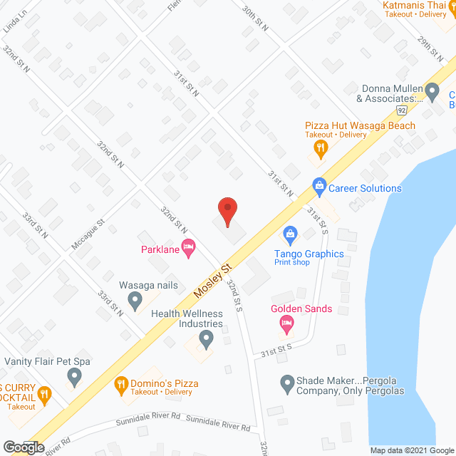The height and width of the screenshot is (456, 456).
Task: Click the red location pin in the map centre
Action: click(227, 211)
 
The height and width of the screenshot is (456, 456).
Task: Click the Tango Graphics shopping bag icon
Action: click(290, 233)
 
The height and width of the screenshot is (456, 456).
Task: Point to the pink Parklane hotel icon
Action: click(188, 249)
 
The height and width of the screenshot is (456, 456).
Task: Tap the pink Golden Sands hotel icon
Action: click(286, 324)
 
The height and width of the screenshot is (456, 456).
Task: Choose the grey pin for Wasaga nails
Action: click(135, 301)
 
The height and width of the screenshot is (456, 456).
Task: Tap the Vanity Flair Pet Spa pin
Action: click(73, 375)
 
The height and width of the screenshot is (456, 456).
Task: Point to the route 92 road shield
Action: click(402, 110)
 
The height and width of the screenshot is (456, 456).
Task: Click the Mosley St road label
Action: click(212, 280)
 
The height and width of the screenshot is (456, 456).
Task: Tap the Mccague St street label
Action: click(88, 233)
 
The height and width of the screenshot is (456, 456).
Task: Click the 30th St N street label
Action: click(254, 20)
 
